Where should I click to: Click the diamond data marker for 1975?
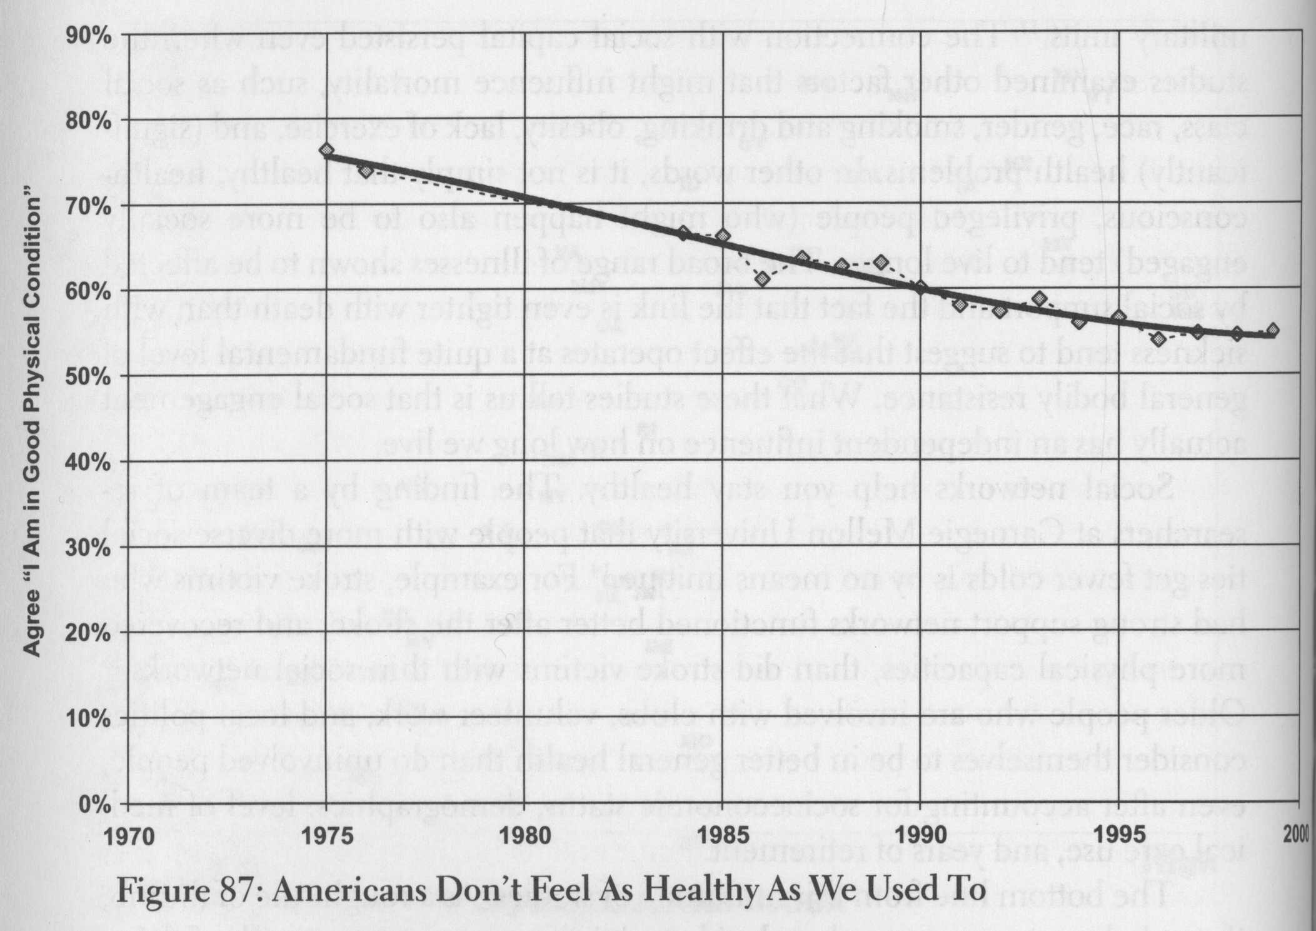(x=326, y=151)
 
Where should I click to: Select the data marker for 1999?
(x=1272, y=330)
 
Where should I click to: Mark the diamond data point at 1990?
(x=920, y=288)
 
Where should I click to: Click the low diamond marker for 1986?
(x=761, y=279)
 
